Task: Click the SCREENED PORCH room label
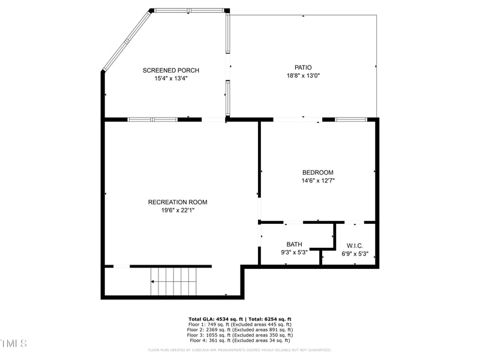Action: (170, 71)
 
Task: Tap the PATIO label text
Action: (303, 68)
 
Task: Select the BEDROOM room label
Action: (317, 173)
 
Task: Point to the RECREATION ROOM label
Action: (178, 202)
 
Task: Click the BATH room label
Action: (294, 244)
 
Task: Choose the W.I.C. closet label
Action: (354, 245)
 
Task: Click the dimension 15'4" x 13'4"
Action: (171, 79)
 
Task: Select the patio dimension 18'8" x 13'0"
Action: (303, 76)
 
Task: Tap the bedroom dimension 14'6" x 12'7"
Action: (317, 181)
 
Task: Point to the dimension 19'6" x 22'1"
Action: (178, 210)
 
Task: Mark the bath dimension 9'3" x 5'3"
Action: (294, 252)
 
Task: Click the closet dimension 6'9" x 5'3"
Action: (355, 253)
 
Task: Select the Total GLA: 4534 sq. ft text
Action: (214, 319)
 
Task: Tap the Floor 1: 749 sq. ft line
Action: (239, 324)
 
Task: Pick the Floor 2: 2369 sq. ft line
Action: (239, 329)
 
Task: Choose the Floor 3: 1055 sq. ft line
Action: (239, 335)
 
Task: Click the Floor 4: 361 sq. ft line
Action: (239, 340)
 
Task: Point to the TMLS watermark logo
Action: (13, 344)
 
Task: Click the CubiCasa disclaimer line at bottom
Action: (239, 350)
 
